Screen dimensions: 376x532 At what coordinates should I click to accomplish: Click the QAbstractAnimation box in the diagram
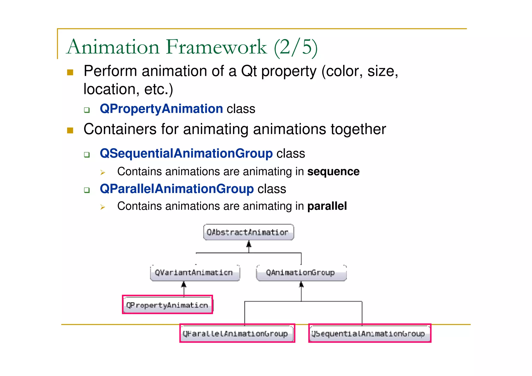(248, 232)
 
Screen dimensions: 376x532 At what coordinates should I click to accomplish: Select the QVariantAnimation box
(195, 273)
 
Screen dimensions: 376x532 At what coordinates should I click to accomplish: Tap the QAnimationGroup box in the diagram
(301, 273)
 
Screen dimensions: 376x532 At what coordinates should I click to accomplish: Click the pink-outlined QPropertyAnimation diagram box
(167, 305)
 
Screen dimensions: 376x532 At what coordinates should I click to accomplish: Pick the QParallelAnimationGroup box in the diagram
(237, 333)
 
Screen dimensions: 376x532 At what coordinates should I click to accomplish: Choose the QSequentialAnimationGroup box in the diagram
(369, 333)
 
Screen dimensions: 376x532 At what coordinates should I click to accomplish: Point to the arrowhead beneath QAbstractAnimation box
(249, 244)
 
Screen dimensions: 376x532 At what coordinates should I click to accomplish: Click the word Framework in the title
(216, 47)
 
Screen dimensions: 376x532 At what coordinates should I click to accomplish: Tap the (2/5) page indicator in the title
(296, 47)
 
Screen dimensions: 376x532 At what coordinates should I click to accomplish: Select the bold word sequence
(333, 172)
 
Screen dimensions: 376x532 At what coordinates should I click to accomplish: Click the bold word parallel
(327, 206)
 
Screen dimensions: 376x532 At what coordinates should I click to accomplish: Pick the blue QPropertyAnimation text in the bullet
(161, 109)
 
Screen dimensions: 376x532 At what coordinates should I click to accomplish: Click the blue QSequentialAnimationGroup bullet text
(186, 153)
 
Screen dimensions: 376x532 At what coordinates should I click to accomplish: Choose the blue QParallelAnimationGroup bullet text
(177, 189)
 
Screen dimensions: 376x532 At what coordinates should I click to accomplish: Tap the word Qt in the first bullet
(249, 71)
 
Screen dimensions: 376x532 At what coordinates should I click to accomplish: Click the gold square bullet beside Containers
(70, 130)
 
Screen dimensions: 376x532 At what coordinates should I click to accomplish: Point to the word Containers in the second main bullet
(120, 129)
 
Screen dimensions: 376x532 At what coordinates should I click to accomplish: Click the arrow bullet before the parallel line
(103, 207)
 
